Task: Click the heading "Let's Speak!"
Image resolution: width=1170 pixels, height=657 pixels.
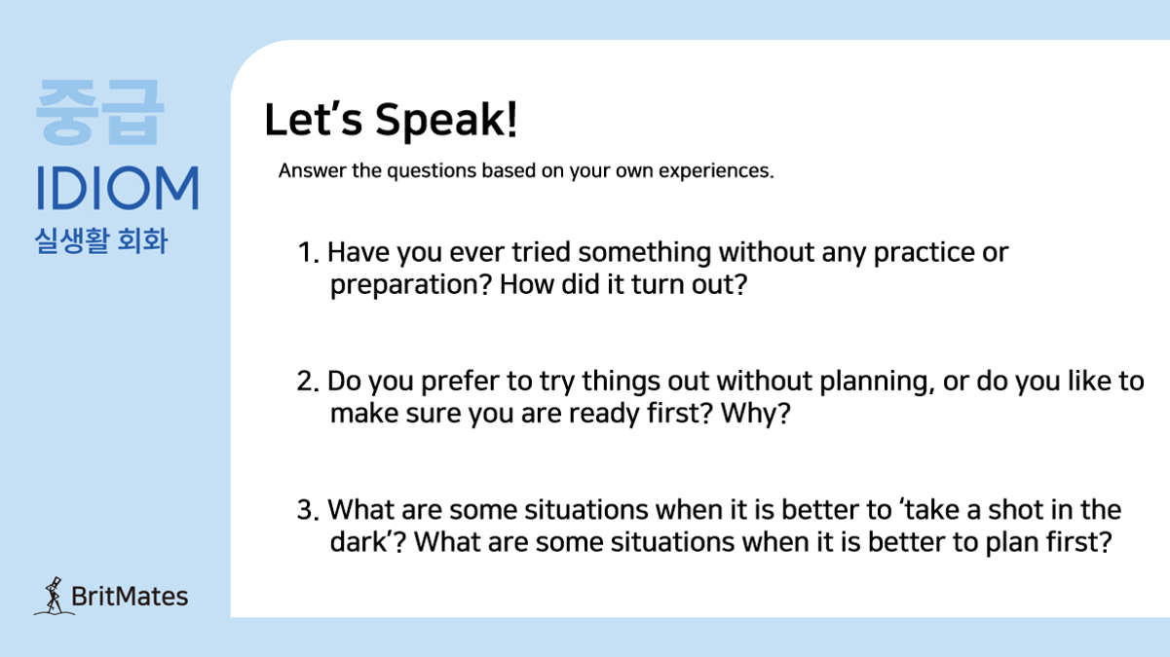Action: (x=391, y=121)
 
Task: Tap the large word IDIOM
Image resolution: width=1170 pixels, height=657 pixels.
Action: (x=118, y=188)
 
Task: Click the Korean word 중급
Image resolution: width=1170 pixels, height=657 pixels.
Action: (x=99, y=112)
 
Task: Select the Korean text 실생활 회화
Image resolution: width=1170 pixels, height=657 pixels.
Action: (x=100, y=240)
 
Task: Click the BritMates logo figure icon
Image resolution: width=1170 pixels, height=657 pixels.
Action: (x=54, y=596)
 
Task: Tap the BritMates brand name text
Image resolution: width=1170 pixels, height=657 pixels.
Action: (x=129, y=597)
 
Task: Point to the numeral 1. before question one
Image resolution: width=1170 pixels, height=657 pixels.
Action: (x=308, y=252)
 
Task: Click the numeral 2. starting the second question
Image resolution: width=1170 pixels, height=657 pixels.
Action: (x=308, y=381)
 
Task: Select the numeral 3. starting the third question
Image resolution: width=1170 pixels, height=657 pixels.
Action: (x=308, y=510)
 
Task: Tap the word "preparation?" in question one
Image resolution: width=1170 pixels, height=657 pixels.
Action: (x=411, y=286)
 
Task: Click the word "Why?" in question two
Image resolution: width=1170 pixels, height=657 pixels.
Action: (x=756, y=414)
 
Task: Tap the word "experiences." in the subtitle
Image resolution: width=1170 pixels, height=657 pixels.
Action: (x=716, y=171)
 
